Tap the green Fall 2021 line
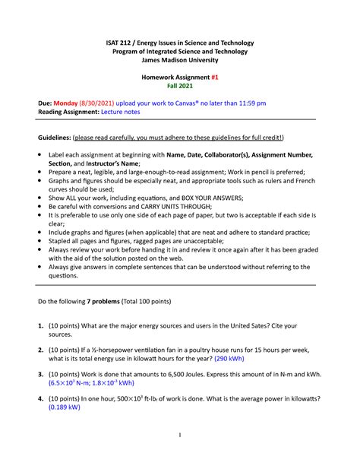pos(179,87)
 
